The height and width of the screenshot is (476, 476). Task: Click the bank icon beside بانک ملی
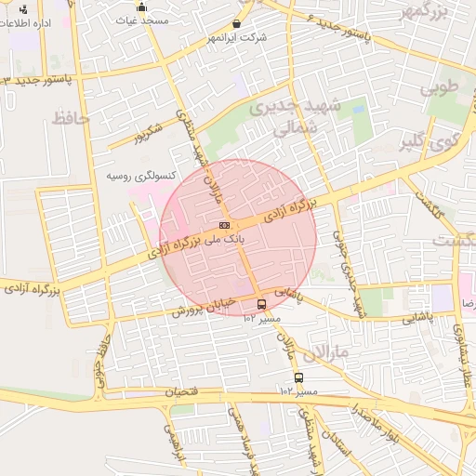point(224,225)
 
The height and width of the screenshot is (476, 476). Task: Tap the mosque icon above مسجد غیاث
point(141,7)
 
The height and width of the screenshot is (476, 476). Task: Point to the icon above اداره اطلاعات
point(22,10)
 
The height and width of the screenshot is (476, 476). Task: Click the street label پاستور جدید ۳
point(38,81)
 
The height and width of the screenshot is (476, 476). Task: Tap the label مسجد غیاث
point(141,19)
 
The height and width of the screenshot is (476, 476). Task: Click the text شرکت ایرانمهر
point(239,37)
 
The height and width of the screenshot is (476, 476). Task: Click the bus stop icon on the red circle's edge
point(260,304)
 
